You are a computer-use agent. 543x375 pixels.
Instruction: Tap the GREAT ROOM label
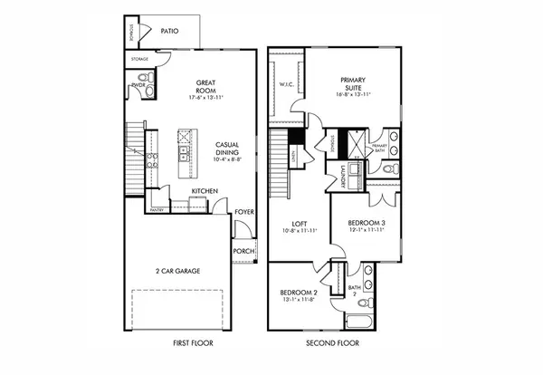(205, 87)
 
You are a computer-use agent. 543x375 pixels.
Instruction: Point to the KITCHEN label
(203, 191)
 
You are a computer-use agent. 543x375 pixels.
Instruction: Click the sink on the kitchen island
(186, 139)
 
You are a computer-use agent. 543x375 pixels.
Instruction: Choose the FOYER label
(244, 213)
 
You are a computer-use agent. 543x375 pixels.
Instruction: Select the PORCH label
(243, 251)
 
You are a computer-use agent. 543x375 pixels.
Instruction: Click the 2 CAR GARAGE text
(177, 271)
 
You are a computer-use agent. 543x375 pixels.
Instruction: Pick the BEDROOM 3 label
(367, 224)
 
